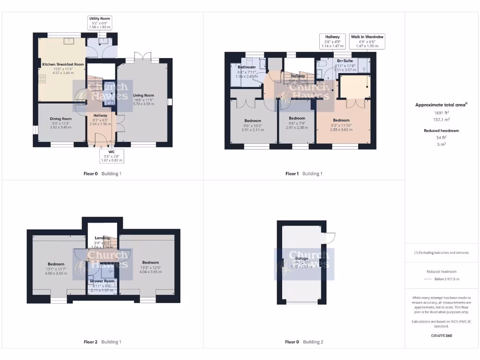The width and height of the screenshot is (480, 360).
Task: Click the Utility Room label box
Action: [99, 22]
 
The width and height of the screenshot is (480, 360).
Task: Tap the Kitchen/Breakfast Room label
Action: [63, 64]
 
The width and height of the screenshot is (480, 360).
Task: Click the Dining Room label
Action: [61, 119]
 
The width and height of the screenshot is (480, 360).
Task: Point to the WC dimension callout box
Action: [112, 156]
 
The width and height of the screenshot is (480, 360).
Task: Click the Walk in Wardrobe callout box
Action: [367, 41]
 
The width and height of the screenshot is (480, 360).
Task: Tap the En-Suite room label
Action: [345, 61]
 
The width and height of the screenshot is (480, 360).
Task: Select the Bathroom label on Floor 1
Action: [247, 67]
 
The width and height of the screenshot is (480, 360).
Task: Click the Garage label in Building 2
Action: [301, 258]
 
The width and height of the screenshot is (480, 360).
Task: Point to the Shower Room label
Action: [102, 281]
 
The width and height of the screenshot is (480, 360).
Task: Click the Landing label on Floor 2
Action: [102, 238]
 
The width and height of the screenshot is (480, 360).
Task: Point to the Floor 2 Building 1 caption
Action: [102, 342]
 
